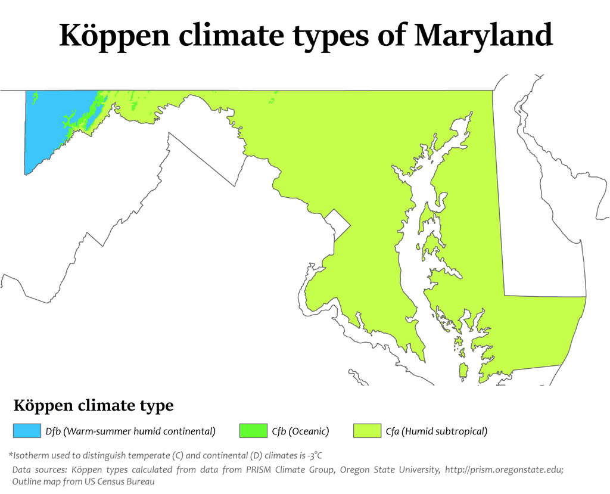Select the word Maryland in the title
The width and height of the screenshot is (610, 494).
pos(483,36)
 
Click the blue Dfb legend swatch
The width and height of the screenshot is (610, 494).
pos(25,431)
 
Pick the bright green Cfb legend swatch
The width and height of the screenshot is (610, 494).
pos(253,431)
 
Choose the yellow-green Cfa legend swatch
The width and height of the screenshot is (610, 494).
pos(367,431)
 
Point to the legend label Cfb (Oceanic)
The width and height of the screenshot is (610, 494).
pos(300,431)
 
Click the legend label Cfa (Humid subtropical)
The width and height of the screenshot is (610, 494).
pos(437,431)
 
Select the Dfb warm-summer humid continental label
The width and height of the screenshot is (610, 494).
pos(130,431)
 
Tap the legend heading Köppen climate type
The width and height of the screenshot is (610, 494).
pos(94,406)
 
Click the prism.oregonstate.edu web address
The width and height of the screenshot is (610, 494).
pos(508,470)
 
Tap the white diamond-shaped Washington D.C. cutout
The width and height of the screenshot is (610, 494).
pos(338,224)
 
